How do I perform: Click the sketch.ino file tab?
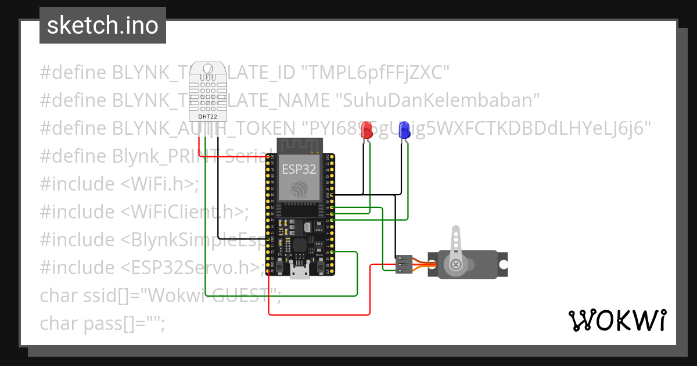pyautogui.click(x=102, y=26)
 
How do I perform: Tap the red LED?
pyautogui.click(x=367, y=130)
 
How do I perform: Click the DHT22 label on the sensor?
pyautogui.click(x=208, y=116)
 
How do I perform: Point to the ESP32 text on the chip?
pyautogui.click(x=299, y=169)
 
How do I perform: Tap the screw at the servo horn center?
pyautogui.click(x=457, y=265)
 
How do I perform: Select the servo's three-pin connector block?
pyautogui.click(x=404, y=264)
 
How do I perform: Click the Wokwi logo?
pyautogui.click(x=617, y=320)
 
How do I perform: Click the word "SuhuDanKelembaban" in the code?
pyautogui.click(x=439, y=101)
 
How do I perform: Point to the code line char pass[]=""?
pyautogui.click(x=102, y=323)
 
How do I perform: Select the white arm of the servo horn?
pyautogui.click(x=457, y=241)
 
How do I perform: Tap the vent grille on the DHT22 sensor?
pyautogui.click(x=208, y=93)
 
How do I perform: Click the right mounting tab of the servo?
pyautogui.click(x=503, y=265)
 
